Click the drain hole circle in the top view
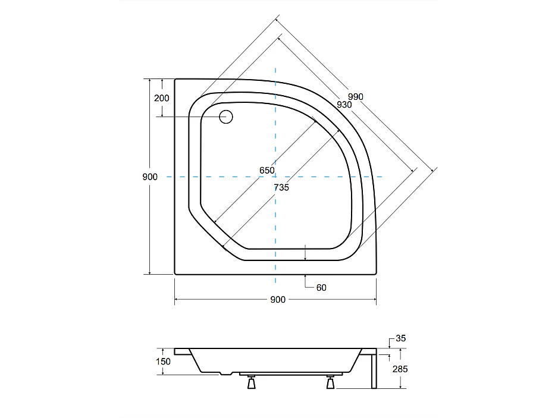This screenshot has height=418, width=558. [226, 117]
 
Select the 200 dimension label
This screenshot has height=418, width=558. [162, 98]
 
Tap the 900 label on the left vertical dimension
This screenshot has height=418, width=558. [150, 177]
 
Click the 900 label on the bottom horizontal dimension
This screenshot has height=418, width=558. [278, 300]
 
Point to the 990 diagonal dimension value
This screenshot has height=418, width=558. [355, 96]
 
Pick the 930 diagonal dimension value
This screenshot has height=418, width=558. [344, 104]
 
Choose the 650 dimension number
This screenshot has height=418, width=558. [267, 170]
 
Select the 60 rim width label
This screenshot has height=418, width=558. [321, 288]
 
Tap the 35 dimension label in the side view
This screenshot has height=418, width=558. [400, 339]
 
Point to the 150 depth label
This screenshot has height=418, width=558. [164, 362]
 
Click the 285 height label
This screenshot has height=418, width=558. [400, 369]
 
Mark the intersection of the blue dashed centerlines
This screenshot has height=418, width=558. [275, 177]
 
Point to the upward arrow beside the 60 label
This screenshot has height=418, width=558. [305, 279]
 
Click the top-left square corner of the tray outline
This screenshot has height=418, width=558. [175, 79]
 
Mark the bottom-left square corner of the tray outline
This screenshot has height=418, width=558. [175, 274]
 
